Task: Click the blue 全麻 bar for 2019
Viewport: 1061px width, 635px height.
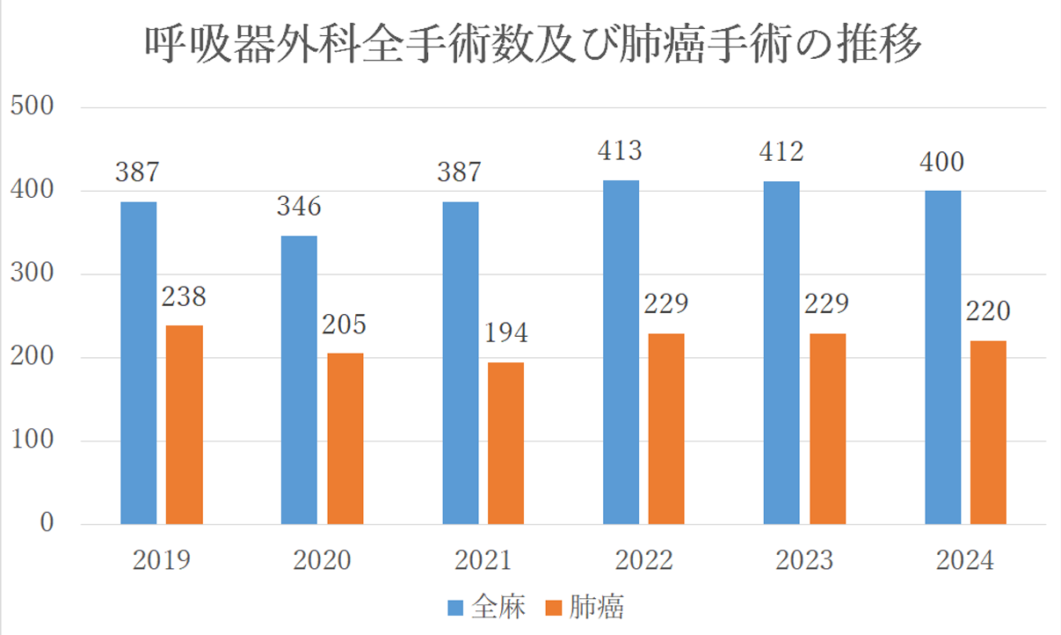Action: (x=138, y=363)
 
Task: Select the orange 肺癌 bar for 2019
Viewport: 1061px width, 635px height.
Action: (x=184, y=425)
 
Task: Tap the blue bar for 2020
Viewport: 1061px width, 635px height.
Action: (x=299, y=380)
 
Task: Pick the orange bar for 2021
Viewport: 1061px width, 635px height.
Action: (x=505, y=443)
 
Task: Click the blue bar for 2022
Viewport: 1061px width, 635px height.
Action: (x=621, y=352)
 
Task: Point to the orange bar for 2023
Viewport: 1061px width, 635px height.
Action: (x=827, y=428)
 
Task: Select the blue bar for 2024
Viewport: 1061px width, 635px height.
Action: (x=942, y=357)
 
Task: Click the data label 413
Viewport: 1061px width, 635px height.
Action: (x=619, y=150)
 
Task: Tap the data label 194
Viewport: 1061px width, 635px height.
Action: (x=505, y=334)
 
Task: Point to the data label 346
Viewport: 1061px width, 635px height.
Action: (x=298, y=208)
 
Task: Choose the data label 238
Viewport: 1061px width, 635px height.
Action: (x=184, y=296)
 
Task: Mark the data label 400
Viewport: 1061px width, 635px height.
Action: (x=941, y=163)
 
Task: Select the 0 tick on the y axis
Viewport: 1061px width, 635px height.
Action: (x=46, y=524)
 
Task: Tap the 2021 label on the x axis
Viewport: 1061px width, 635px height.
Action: (x=482, y=560)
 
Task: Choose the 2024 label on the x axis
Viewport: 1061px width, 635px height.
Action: (x=965, y=560)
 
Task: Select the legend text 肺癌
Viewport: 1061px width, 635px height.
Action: (x=598, y=607)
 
